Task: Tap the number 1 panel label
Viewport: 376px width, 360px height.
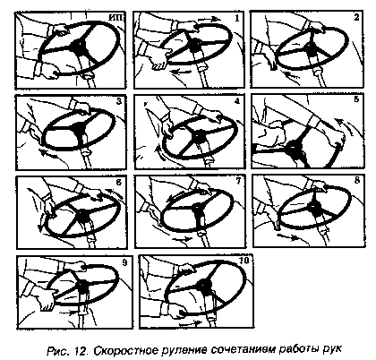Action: (x=237, y=18)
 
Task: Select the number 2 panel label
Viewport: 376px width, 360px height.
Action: (x=356, y=17)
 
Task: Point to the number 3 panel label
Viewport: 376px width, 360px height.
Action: (x=119, y=101)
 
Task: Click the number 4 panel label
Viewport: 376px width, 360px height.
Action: (x=237, y=101)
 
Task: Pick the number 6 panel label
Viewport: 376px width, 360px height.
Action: (x=119, y=182)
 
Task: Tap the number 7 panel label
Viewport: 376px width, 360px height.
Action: (x=238, y=181)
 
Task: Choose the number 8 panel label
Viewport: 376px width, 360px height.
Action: (x=357, y=180)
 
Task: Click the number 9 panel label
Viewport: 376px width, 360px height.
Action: (x=124, y=262)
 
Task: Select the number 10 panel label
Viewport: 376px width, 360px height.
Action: (x=244, y=261)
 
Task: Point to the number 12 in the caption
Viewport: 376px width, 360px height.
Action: (x=81, y=349)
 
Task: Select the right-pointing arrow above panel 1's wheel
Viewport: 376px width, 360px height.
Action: (x=209, y=20)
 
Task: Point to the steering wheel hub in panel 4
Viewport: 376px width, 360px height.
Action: (x=197, y=136)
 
